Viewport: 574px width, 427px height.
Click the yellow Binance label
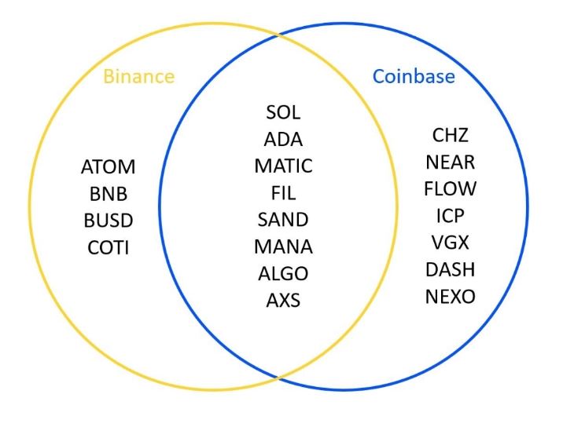coord(139,76)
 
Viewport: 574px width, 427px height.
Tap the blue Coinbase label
coord(414,76)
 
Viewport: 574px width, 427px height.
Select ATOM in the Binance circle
coord(109,167)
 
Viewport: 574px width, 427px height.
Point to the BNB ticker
coord(109,194)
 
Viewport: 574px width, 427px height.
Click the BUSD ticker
coord(109,221)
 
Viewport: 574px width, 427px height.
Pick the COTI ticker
coord(109,247)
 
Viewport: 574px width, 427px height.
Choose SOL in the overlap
coord(283,113)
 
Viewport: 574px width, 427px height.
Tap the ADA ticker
coord(283,140)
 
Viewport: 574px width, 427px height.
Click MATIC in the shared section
coord(283,166)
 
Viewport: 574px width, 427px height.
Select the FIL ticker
coord(283,193)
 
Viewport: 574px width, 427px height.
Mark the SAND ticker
coord(283,220)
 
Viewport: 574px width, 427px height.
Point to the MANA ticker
coord(283,246)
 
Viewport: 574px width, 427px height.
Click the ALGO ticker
coord(283,273)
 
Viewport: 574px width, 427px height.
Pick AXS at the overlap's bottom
coord(283,300)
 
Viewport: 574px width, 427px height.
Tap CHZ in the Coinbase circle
coord(451,135)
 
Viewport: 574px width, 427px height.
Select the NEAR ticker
coord(451,162)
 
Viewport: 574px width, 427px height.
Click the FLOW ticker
coord(451,189)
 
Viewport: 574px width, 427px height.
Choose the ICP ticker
coord(451,216)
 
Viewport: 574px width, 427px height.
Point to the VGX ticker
coord(451,243)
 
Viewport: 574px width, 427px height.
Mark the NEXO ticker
coord(451,297)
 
